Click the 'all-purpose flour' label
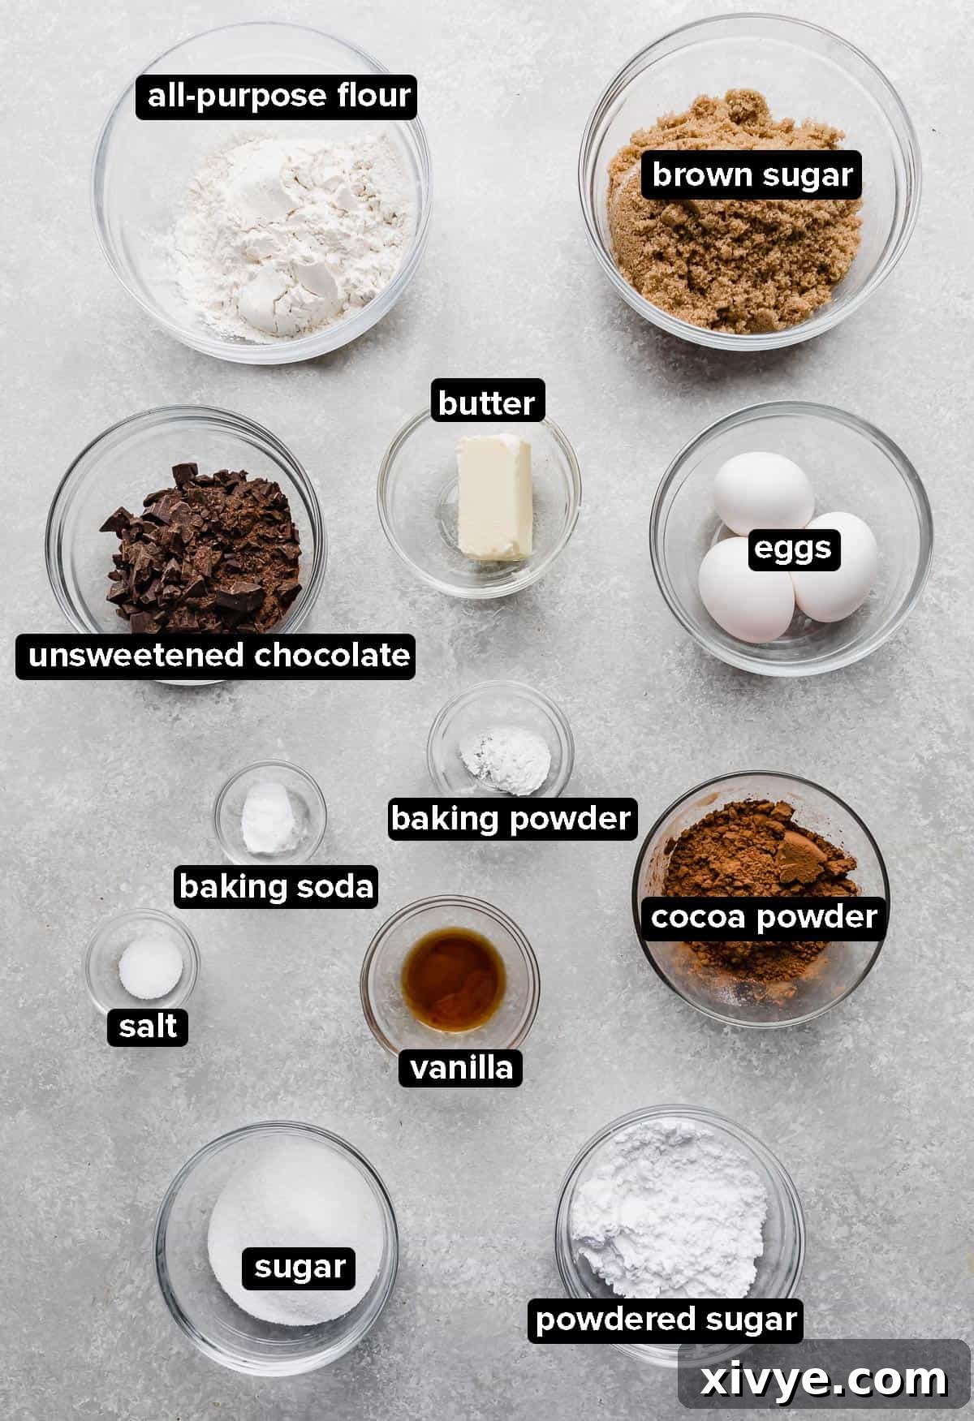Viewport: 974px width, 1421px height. [278, 96]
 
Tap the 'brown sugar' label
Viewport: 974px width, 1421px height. [752, 175]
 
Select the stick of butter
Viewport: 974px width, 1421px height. [493, 497]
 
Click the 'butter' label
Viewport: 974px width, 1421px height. [486, 403]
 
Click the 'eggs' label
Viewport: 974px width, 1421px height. [793, 549]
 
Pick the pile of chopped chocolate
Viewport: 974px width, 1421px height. [203, 544]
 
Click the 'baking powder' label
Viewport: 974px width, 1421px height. [511, 818]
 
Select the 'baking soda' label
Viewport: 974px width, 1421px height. [276, 886]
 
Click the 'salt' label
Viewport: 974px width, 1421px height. [148, 1027]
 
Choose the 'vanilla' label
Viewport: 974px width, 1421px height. [461, 1067]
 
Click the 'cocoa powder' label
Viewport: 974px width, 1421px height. [763, 917]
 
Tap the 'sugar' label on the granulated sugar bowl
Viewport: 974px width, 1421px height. [300, 1267]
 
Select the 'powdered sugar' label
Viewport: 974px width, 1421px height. [666, 1319]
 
